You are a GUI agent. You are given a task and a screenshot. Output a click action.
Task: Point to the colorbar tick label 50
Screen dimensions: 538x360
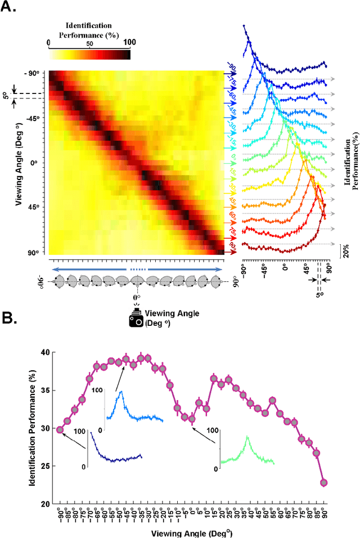click(x=89, y=42)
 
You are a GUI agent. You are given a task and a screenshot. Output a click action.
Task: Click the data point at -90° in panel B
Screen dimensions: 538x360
click(x=60, y=429)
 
